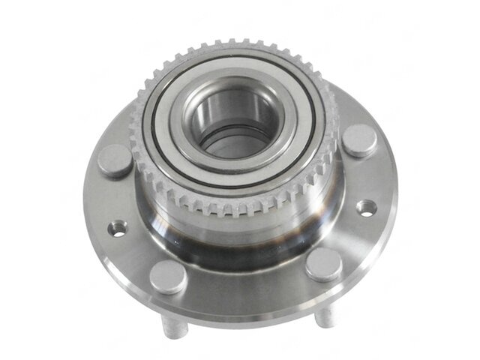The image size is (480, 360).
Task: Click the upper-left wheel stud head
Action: (x=115, y=160)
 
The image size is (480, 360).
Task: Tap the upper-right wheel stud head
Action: (x=360, y=139)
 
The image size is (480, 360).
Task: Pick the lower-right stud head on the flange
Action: (x=324, y=264)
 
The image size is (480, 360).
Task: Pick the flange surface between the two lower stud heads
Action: (x=247, y=289)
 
